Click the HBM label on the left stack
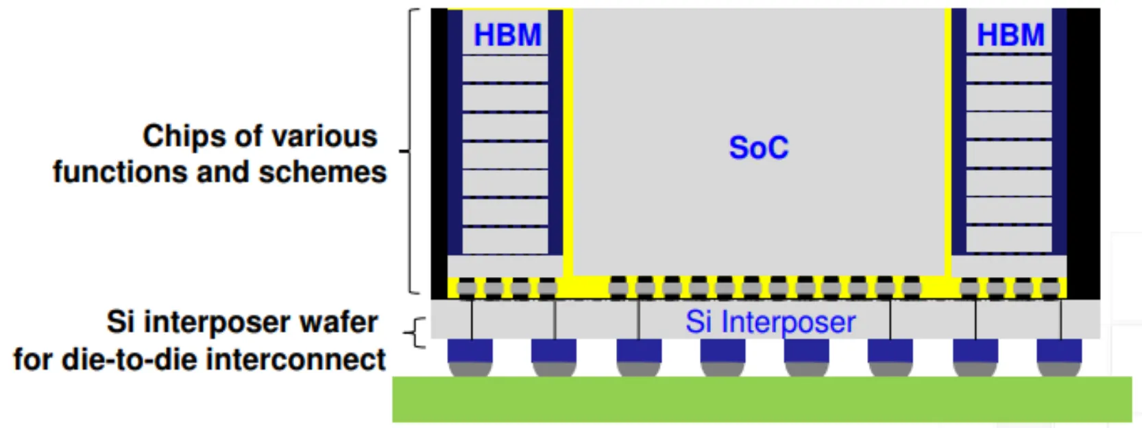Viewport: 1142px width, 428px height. click(507, 34)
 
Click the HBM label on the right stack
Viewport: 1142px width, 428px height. click(1010, 34)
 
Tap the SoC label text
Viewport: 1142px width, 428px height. click(758, 147)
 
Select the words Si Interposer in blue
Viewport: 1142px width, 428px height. click(770, 322)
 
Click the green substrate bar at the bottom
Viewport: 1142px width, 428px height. click(761, 399)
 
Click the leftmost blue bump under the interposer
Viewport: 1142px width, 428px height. click(470, 350)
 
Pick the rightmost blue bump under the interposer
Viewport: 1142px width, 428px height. click(1059, 350)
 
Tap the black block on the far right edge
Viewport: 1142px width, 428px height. click(1083, 151)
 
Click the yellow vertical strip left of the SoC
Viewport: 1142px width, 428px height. click(568, 137)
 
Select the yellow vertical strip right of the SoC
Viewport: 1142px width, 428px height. click(948, 137)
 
